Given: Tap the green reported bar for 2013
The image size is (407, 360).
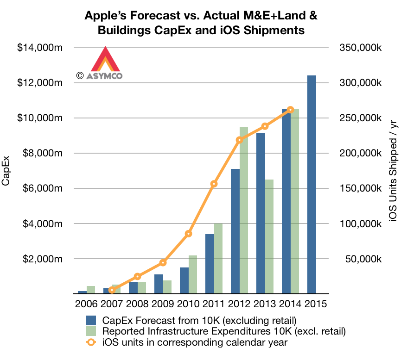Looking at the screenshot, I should click(x=269, y=236).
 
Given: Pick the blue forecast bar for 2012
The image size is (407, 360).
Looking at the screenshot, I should click(x=235, y=231).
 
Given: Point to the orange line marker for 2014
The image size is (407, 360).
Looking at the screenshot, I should click(x=291, y=110).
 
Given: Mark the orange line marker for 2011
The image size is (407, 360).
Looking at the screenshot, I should click(x=214, y=184).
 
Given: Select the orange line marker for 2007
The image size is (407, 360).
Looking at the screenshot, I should click(x=112, y=290).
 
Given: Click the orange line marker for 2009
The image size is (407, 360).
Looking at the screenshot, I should click(x=163, y=263).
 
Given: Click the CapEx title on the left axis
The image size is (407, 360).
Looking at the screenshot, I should click(x=6, y=171).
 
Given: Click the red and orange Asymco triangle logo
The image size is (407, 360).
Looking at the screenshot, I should click(x=106, y=60).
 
